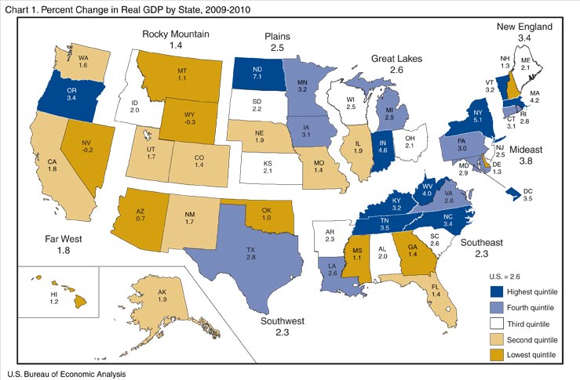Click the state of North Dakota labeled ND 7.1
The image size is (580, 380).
point(257,76)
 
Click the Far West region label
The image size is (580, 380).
point(46,239)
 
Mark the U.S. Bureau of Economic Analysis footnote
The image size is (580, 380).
point(67,374)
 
